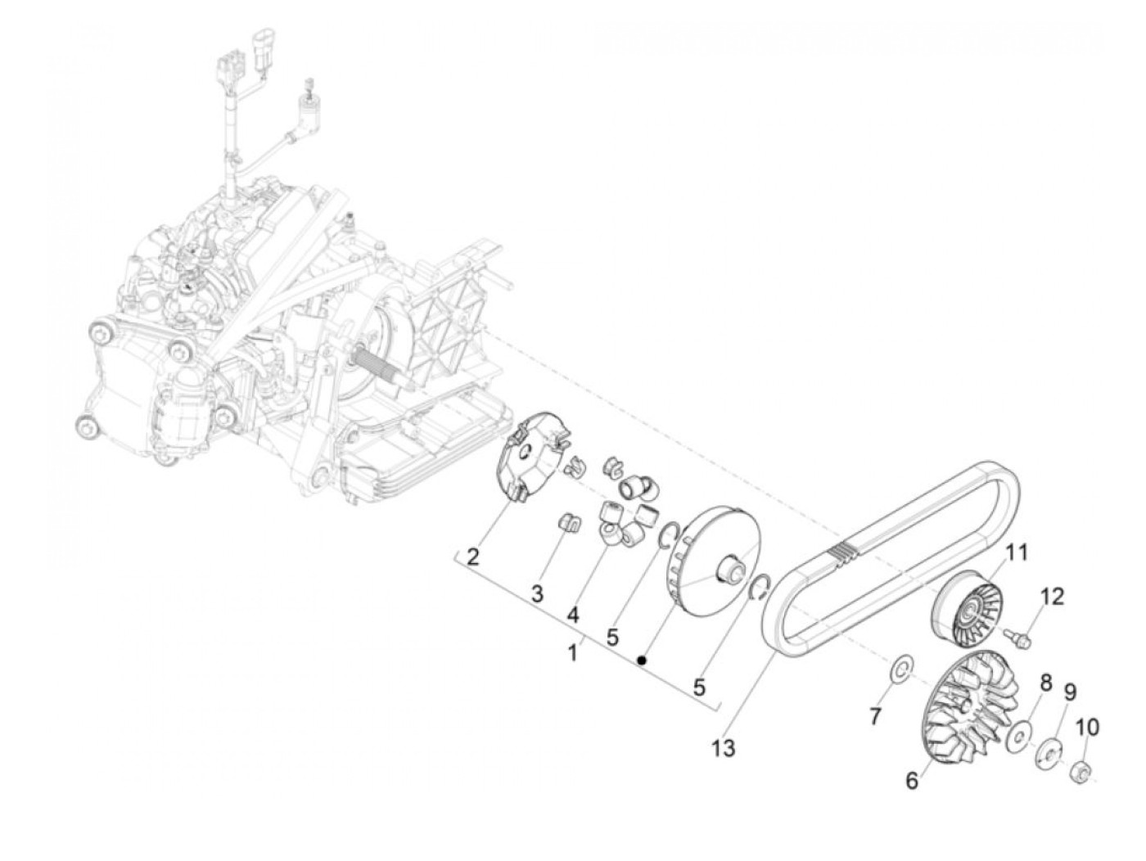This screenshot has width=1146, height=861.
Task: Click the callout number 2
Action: [472, 558]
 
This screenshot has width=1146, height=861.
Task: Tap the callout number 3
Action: [537, 595]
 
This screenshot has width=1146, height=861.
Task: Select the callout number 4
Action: [573, 613]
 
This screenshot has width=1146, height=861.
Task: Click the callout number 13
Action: [724, 747]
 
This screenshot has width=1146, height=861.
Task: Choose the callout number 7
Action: [875, 717]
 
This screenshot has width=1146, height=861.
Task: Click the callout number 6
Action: [912, 781]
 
